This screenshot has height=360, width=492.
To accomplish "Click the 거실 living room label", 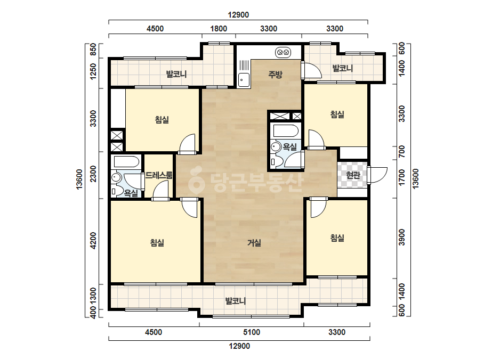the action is tap(254, 243).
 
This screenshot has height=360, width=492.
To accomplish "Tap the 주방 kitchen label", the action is tap(275, 75).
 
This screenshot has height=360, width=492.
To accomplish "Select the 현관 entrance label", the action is tap(353, 175).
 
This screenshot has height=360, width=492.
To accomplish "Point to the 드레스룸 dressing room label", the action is tap(159, 175).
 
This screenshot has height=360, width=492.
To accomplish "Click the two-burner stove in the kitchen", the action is tap(283, 52).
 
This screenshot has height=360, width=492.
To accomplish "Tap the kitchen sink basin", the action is tap(244, 80).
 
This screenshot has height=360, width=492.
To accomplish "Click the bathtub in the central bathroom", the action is tap(286, 131).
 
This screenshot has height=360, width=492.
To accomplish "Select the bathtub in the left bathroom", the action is tap(126, 162).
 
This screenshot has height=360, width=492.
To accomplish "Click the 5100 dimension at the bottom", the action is tap(252, 332).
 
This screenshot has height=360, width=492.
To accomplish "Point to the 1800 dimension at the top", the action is tap(219, 29).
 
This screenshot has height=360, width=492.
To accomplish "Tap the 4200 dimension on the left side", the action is tap(93, 241).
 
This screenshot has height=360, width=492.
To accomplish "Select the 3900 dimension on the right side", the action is tap(401, 238).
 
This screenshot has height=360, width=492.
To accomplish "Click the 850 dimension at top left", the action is tap(93, 50).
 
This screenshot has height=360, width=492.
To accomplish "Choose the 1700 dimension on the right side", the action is tap(401, 177).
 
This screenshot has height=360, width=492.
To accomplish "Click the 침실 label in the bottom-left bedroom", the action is tap(157, 243).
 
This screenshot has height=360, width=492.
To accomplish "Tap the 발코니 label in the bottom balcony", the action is tap(235, 301).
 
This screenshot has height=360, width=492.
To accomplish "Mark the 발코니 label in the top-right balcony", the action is tap(343, 68).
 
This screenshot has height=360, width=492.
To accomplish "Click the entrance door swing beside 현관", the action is tap(378, 175).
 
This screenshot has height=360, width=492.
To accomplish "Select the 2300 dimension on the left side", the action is tap(93, 174).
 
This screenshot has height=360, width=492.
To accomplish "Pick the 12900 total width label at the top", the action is tap(238, 15).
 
